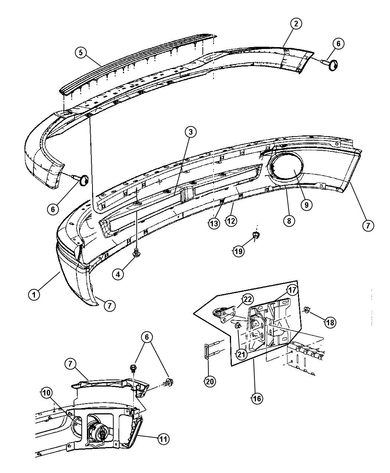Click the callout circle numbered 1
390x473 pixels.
34,295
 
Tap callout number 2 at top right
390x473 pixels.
296,24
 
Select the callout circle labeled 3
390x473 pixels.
191,132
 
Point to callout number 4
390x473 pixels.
118,275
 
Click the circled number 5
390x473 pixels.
81,53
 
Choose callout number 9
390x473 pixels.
306,205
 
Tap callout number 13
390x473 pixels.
214,224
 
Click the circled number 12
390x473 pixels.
231,220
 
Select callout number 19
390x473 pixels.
239,251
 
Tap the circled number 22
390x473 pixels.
247,299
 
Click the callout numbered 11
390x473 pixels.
163,439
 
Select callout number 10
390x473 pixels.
46,393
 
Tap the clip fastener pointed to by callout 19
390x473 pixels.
256,236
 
